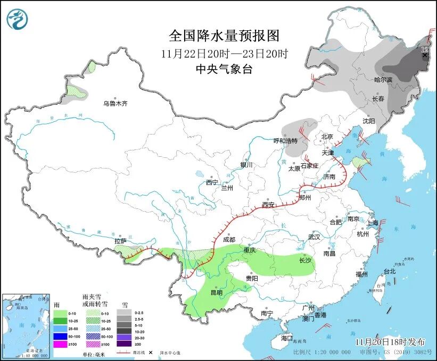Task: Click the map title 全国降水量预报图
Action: [224, 36]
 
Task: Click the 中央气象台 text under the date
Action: [224, 69]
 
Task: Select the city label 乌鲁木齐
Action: [116, 103]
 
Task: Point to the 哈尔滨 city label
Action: [383, 80]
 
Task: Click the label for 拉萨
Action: [120, 241]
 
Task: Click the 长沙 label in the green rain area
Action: [305, 261]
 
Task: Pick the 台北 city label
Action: [390, 271]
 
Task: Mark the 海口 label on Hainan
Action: [287, 338]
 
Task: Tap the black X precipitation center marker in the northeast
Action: [425, 55]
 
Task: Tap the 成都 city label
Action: [229, 239]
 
